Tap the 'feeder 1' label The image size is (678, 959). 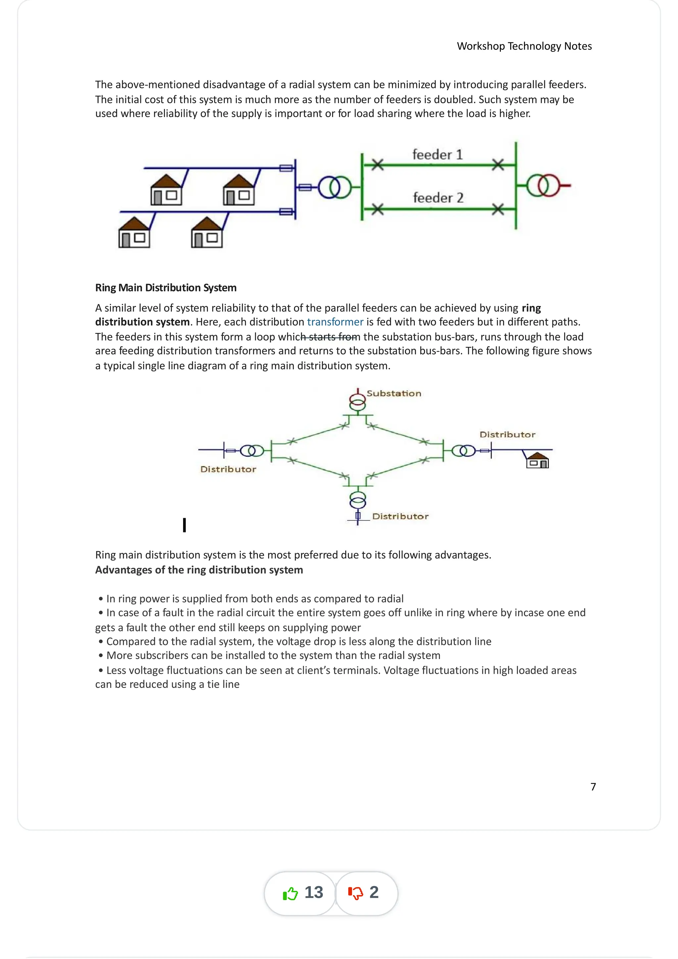(437, 155)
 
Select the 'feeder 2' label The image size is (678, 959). (438, 198)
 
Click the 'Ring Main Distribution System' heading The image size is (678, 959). (166, 288)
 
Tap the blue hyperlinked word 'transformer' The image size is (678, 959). (335, 322)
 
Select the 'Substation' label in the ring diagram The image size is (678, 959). (394, 393)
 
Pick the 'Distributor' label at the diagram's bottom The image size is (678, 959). (400, 516)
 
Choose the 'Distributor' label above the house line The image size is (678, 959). (507, 434)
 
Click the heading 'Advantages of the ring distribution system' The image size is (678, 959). (199, 570)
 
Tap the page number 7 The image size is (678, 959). (593, 787)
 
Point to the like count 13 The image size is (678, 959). (314, 892)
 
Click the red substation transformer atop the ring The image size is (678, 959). (358, 400)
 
